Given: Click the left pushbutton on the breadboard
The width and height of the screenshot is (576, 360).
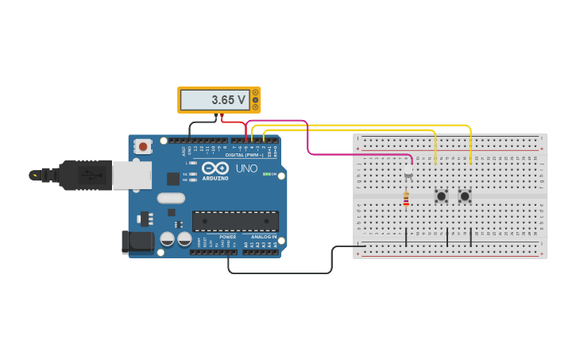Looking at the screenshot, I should tap(441, 195).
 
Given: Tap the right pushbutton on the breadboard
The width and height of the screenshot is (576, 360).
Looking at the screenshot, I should tap(465, 195).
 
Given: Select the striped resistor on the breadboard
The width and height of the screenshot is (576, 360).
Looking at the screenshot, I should tap(406, 200).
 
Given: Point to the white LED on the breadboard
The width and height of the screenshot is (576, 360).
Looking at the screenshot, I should tap(408, 171).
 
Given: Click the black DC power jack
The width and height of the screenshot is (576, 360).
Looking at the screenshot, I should tap(137, 242).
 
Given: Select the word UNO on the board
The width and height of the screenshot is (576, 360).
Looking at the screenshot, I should tap(246, 168).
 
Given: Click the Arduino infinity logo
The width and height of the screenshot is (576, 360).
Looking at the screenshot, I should tap(215, 168).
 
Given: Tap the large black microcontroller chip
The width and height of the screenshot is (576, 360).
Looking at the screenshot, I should tap(235, 221).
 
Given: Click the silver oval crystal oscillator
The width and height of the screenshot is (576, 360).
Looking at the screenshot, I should tap(171, 198).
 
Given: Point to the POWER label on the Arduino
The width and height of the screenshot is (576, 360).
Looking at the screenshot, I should tap(228, 237).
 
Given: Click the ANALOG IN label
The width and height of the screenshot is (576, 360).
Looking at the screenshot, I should tap(264, 237).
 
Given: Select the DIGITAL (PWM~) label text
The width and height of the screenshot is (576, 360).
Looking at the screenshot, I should tap(244, 155).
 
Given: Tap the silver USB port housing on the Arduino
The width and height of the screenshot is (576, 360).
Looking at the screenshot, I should tap(131, 175).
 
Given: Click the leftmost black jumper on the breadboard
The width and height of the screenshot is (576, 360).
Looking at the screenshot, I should tap(406, 236).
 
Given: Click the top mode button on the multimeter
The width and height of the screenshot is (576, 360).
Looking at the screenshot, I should tap(255, 92).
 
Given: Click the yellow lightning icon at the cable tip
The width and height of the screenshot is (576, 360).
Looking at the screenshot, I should tap(34, 175).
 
